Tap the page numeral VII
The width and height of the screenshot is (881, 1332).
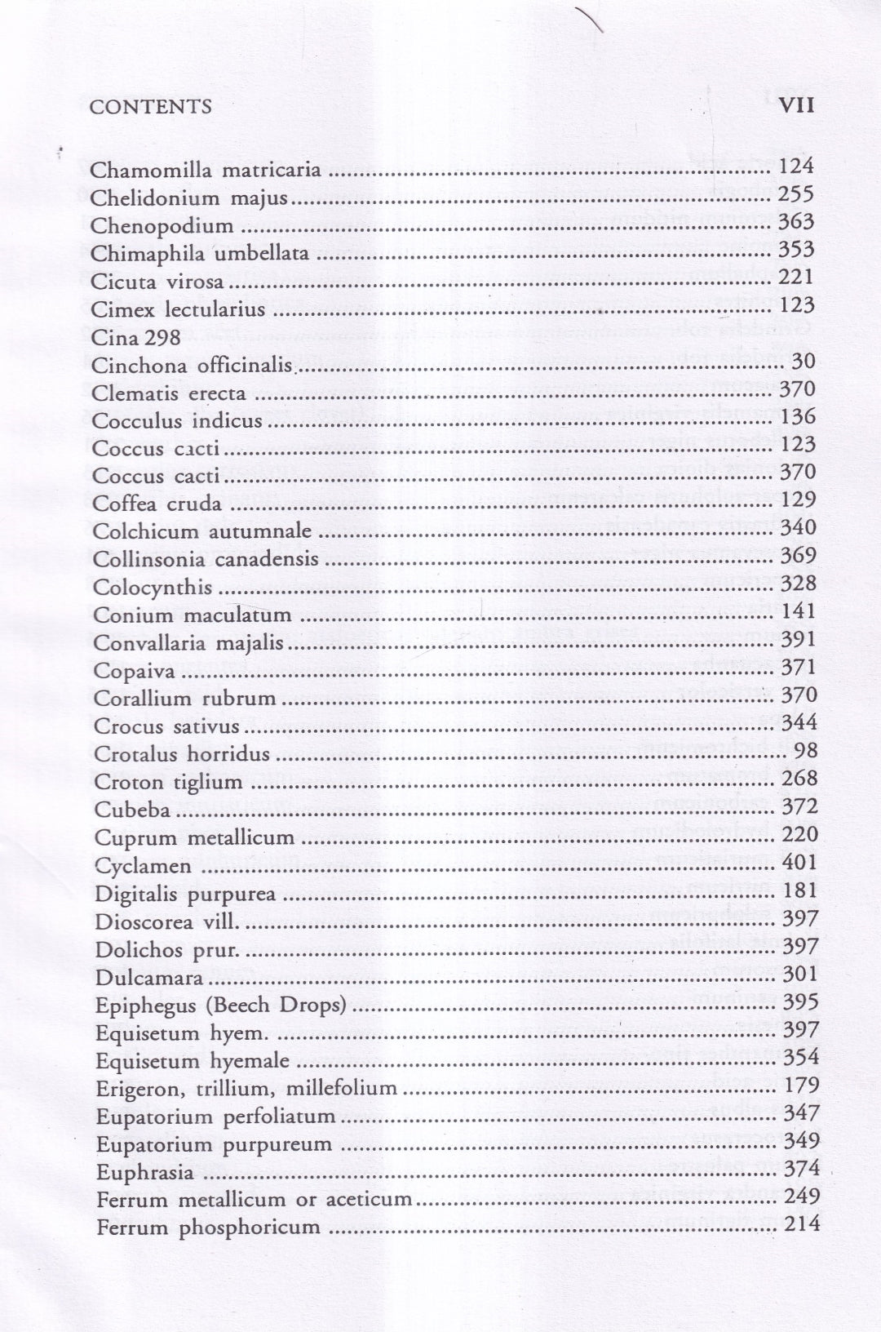[797, 106]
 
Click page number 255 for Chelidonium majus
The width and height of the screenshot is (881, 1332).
[796, 194]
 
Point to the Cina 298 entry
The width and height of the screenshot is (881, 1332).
[135, 337]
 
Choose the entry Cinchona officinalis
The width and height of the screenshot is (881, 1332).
[192, 365]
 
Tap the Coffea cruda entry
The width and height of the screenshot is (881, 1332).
[157, 504]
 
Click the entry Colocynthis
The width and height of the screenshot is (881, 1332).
[153, 588]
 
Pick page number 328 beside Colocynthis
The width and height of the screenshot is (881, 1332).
[798, 584]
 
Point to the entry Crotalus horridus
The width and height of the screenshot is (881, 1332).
[182, 754]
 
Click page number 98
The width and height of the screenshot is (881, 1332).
[805, 750]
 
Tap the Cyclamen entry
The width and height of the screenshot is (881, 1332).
[143, 866]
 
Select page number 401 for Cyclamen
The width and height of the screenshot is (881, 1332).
[799, 862]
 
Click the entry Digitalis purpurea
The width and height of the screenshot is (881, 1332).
[185, 895]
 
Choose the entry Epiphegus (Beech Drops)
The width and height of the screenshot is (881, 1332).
[221, 1006]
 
